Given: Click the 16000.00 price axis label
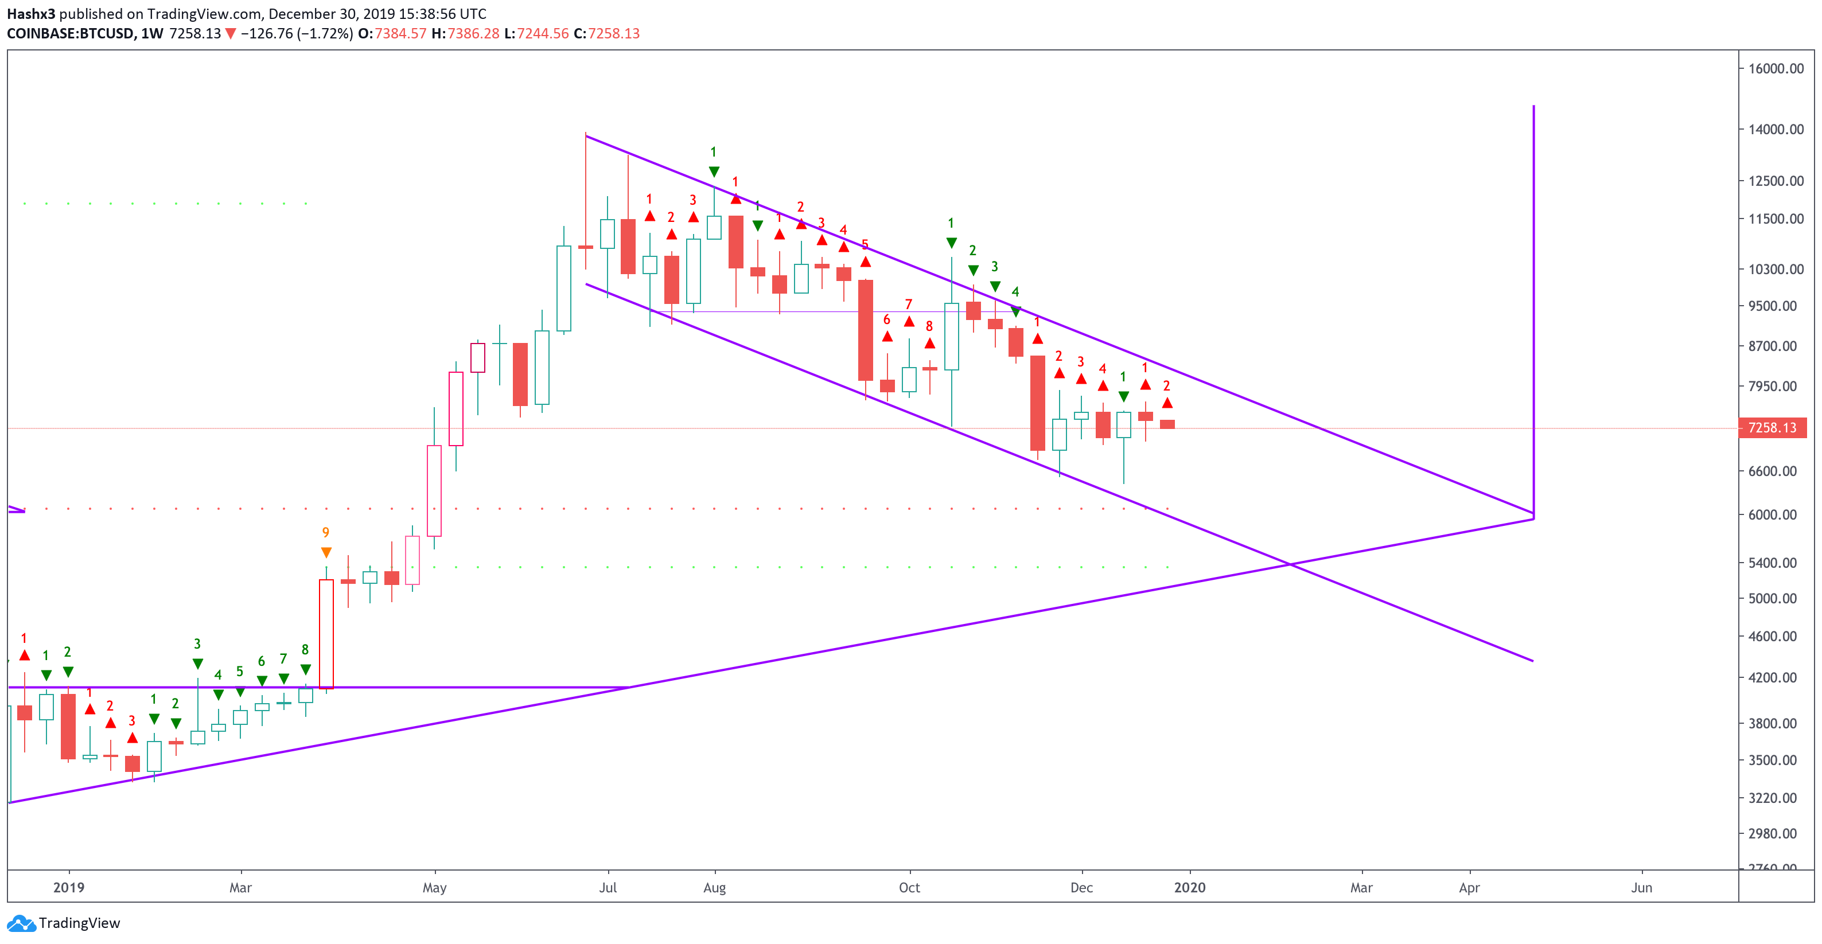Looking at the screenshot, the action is pos(1776,69).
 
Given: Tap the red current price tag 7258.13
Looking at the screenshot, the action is pos(1772,428).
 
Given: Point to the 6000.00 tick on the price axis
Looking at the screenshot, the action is pos(1776,515).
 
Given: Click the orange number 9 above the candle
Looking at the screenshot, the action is pos(325,532).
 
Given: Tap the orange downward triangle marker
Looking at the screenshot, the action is pos(326,552).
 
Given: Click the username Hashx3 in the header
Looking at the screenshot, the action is pos(30,13).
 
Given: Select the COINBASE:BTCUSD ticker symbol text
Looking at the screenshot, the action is pos(71,33).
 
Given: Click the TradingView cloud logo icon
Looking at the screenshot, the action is pos(21,923).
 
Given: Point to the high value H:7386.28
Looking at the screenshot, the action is pos(465,33).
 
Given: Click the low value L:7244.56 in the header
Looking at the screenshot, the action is pos(537,33).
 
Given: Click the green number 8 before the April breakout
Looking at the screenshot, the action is pos(305,650).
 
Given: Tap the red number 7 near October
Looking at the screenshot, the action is pos(909,304).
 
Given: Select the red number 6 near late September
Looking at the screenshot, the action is pos(886,319).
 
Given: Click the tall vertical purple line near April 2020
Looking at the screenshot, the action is pos(1533,311).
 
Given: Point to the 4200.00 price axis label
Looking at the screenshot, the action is pos(1776,677).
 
